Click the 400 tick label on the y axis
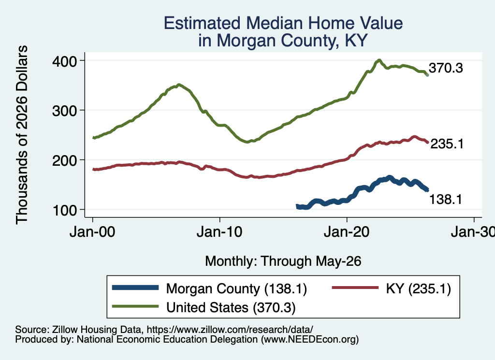(64, 61)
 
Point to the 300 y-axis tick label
(64, 111)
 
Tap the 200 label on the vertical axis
(64, 160)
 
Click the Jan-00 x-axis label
(92, 232)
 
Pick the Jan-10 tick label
(219, 232)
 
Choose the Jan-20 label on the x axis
(347, 232)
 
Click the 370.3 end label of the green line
(446, 68)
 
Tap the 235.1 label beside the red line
(447, 144)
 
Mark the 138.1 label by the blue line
(445, 200)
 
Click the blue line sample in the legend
(135, 288)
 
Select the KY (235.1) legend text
(418, 288)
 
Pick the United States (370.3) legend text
(231, 307)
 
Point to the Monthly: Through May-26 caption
(283, 261)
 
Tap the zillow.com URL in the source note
(230, 330)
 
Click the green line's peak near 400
(379, 60)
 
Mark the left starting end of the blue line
(297, 206)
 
